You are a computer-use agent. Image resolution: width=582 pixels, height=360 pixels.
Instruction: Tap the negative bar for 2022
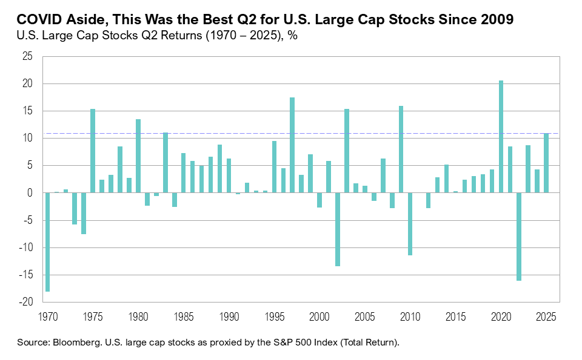click(x=519, y=237)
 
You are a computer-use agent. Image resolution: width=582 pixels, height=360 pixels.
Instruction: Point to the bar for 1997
click(x=292, y=145)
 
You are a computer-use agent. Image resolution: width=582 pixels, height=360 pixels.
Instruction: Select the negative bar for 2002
click(x=338, y=229)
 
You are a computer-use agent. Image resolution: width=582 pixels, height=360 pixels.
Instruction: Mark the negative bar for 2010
click(x=410, y=224)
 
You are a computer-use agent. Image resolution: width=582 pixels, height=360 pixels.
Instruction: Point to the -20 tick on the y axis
click(x=27, y=302)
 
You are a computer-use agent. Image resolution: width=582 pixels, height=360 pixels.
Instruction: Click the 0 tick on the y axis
click(x=31, y=193)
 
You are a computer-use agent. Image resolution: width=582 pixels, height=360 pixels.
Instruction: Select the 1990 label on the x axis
click(x=229, y=316)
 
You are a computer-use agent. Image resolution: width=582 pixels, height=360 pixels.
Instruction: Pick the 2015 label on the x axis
click(x=455, y=316)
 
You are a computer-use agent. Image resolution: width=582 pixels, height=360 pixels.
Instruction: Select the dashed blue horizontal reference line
click(x=242, y=133)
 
